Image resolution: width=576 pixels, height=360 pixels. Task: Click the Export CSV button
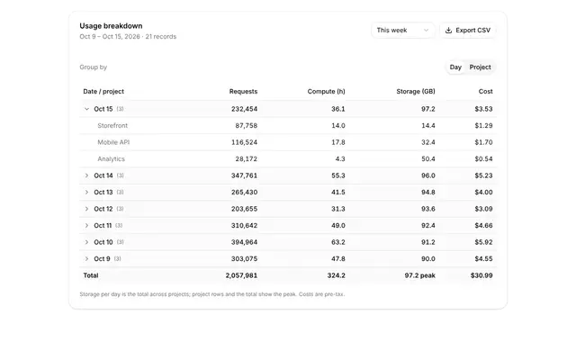click(468, 31)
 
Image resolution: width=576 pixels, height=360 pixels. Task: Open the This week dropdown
click(402, 31)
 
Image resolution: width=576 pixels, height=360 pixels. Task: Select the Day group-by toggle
click(455, 67)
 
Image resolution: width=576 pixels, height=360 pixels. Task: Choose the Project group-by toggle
click(480, 67)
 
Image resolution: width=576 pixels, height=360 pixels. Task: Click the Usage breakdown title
click(111, 26)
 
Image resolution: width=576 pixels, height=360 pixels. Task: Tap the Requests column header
click(243, 92)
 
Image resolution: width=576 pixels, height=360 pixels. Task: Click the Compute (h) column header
click(326, 92)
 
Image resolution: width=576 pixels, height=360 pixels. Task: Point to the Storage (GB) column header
click(416, 92)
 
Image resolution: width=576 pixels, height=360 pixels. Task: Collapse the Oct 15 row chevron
click(86, 109)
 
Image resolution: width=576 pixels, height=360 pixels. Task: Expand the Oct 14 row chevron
click(86, 175)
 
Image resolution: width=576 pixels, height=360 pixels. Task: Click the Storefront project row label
click(112, 126)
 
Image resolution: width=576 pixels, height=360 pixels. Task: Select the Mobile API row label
click(113, 142)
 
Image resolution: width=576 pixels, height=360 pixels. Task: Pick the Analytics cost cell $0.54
click(483, 159)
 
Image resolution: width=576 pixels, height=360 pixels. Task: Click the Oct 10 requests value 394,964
click(244, 242)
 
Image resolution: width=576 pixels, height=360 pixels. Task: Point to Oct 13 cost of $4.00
click(483, 192)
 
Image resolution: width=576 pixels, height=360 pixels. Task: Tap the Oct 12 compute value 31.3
click(338, 209)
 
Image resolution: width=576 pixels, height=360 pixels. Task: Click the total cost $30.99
click(481, 275)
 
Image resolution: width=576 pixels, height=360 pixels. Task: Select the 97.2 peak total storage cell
click(420, 275)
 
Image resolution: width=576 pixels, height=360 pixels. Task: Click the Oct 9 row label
click(102, 259)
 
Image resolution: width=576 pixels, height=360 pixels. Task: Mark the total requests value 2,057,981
click(241, 275)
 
